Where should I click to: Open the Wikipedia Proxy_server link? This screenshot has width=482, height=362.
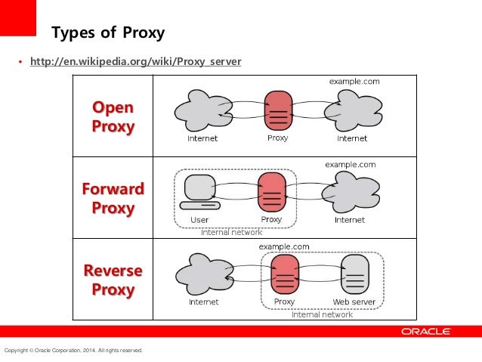(135, 61)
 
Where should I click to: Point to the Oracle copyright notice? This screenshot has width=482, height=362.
(73, 351)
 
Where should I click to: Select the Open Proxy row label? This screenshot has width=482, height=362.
(113, 116)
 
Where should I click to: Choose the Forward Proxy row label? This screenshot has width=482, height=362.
(113, 197)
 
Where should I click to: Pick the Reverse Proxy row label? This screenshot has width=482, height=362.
(113, 279)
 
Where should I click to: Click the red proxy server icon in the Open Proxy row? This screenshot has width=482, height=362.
(278, 110)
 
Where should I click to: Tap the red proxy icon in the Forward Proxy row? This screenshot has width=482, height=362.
(271, 192)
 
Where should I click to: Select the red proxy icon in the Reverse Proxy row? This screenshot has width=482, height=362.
(285, 274)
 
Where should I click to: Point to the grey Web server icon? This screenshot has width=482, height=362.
(354, 274)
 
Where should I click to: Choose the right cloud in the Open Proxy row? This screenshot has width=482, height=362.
(352, 110)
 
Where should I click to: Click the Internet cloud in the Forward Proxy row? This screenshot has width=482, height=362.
(349, 192)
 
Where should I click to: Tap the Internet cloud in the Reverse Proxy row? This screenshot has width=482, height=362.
(203, 274)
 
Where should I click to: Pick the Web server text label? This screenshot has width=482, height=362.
(354, 302)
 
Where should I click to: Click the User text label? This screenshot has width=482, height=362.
(199, 220)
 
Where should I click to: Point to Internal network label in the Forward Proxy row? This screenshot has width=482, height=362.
(231, 233)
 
